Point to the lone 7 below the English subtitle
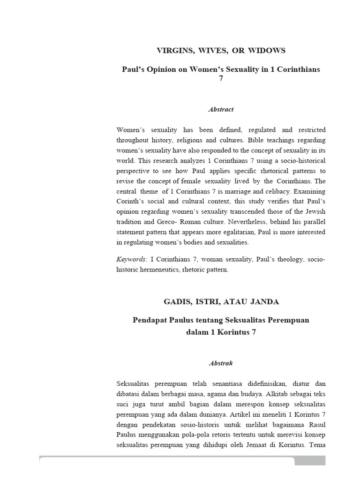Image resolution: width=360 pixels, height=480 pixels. click(x=221, y=78)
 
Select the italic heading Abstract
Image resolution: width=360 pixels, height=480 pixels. click(x=221, y=109)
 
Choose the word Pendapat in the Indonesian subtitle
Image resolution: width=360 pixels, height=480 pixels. click(x=150, y=320)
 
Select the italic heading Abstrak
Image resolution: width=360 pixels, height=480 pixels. click(x=221, y=363)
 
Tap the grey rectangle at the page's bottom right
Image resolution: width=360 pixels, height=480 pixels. click(x=310, y=461)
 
